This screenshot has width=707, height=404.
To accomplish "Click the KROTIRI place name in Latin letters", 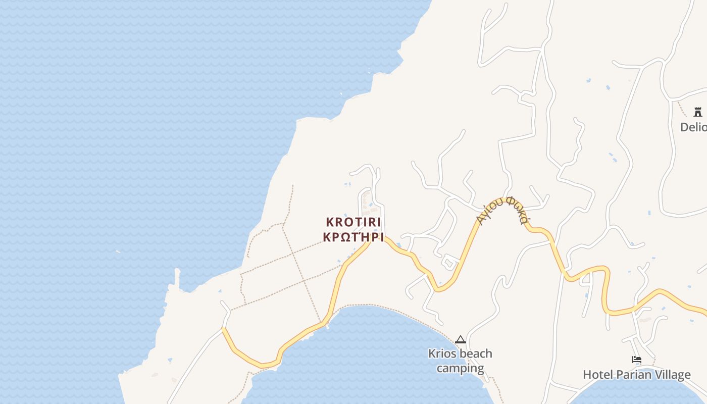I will [x=353, y=222].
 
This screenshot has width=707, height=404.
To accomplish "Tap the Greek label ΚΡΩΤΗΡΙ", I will [x=353, y=237].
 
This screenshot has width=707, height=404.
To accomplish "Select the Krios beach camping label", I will [x=460, y=361].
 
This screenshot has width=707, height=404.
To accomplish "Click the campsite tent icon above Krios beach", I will [x=460, y=340].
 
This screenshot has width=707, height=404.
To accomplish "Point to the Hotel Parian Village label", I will [x=636, y=375].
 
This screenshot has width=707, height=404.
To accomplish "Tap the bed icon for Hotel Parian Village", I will [x=637, y=360].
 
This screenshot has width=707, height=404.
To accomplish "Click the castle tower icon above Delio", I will [x=698, y=112].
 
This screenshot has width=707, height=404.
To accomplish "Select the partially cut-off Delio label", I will [x=693, y=127].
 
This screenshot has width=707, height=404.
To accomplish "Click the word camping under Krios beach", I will [x=460, y=368].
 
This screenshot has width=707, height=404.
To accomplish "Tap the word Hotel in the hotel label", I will [x=597, y=375].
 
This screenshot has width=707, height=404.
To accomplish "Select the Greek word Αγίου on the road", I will [x=489, y=211].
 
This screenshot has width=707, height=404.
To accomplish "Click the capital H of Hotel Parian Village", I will [x=587, y=375].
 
